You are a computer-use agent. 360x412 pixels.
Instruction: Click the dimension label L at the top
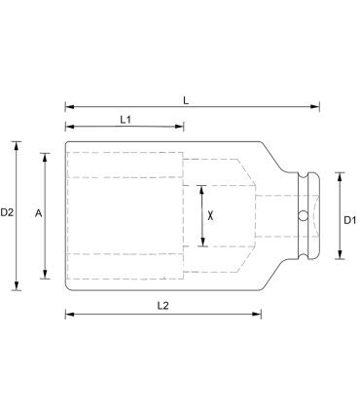187,99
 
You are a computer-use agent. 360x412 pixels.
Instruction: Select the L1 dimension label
125,118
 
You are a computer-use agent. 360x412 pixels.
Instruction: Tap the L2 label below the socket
163,305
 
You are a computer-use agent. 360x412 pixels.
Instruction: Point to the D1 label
349,220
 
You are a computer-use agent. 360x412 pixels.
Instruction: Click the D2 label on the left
7,211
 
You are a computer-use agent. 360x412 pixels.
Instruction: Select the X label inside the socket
210,214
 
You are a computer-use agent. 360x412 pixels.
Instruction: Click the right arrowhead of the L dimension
315,107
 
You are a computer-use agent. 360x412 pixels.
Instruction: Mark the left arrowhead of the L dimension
69,107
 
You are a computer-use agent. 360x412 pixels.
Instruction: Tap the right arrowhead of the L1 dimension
180,126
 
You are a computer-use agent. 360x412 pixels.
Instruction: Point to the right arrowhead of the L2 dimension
258,314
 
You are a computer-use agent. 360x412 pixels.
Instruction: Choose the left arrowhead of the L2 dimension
69,314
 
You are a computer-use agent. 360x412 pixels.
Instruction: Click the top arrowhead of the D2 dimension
17,144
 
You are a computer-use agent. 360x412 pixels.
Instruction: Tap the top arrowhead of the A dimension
44,155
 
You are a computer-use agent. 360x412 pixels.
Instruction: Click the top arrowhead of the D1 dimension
338,175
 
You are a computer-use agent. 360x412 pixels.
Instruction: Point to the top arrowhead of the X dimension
201,188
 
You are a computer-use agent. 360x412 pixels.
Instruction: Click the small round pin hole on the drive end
303,215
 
